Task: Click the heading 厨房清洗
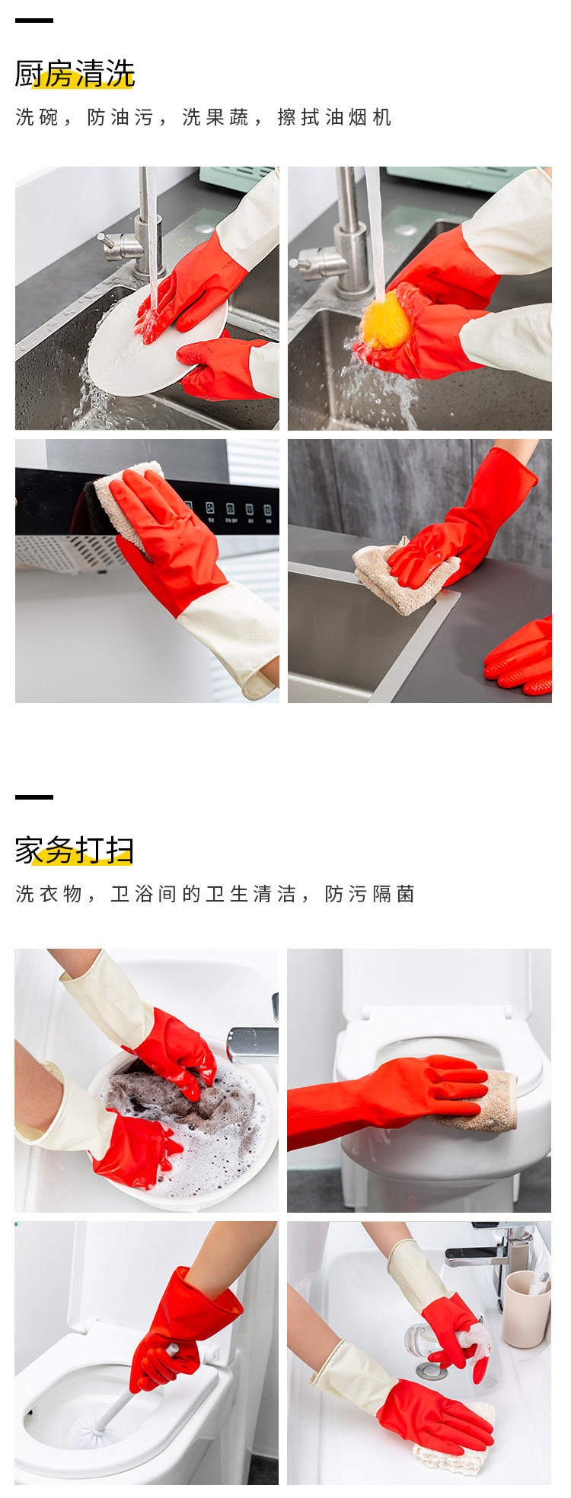tap(75, 74)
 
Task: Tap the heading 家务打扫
tap(75, 850)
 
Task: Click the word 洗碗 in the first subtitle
tap(37, 117)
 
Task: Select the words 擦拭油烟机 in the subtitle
tap(334, 117)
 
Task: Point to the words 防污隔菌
tap(369, 894)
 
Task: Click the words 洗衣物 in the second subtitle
tap(49, 894)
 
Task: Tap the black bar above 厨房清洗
tap(34, 21)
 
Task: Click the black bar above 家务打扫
tap(34, 797)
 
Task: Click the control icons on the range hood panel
tap(228, 510)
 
